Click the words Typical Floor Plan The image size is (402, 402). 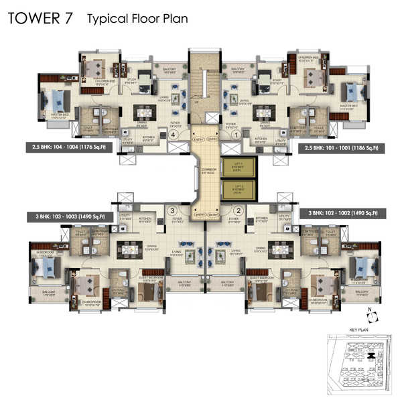137,19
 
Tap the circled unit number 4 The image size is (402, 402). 174,134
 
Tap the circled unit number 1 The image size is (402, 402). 236,134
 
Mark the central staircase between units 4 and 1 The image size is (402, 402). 205,87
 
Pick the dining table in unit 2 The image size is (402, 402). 278,249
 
